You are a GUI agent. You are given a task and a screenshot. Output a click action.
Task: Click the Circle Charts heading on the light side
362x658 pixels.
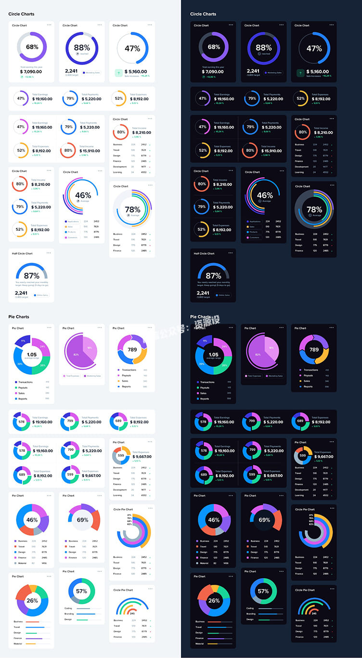tap(21, 14)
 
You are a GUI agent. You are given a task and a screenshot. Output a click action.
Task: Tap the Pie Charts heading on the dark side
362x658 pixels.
tap(200, 317)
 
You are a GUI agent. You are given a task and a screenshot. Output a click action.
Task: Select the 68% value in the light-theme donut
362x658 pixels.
tap(32, 47)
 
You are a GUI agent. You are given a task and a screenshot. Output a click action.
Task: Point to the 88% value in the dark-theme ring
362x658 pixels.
tap(264, 48)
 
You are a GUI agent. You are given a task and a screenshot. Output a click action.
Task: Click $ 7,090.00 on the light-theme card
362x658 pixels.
tap(31, 72)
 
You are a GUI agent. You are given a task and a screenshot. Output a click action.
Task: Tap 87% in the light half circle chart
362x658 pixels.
tap(32, 276)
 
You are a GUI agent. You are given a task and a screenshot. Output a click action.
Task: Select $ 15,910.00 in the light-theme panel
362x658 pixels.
tap(89, 151)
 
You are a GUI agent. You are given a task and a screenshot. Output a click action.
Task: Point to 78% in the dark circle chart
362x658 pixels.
tap(314, 210)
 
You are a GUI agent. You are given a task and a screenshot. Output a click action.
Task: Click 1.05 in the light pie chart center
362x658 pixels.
tap(32, 355)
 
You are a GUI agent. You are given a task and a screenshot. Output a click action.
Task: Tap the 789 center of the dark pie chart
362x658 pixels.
tap(314, 350)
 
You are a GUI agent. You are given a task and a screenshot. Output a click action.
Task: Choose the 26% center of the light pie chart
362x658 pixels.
tap(32, 601)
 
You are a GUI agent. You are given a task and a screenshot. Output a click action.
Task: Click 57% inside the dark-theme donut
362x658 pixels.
tap(263, 591)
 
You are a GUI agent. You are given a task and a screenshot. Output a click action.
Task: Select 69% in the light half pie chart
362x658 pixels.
tap(82, 520)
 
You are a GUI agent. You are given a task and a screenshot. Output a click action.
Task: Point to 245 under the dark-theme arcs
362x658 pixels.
tap(314, 613)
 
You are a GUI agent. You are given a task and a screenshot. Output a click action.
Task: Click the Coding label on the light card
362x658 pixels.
tap(68, 608)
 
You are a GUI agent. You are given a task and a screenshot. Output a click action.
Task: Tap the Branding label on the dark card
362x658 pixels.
tap(251, 614)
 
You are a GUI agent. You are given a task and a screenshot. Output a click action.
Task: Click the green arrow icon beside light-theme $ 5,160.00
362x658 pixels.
tap(118, 73)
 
